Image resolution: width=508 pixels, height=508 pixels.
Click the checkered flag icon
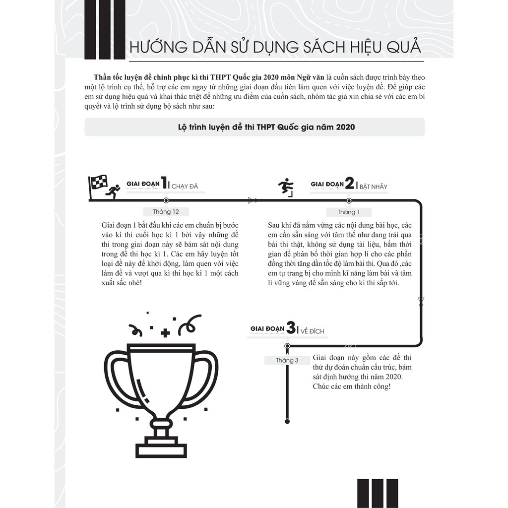pyautogui.click(x=98, y=183)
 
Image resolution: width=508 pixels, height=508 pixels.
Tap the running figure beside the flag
pyautogui.click(x=114, y=191)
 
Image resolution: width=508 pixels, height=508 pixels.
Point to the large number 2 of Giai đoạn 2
pyautogui.click(x=349, y=184)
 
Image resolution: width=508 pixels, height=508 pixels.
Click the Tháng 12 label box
pyautogui.click(x=166, y=212)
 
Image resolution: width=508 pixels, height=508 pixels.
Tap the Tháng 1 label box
pyautogui.click(x=349, y=212)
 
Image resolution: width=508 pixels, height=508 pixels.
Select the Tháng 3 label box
pyautogui.click(x=287, y=360)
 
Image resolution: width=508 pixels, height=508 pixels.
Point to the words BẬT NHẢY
pyautogui.click(x=373, y=187)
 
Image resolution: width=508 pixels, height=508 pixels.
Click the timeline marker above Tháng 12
pyautogui.click(x=166, y=200)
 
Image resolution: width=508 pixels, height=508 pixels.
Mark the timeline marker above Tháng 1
pyautogui.click(x=349, y=200)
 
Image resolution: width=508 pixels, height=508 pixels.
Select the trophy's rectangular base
pyautogui.click(x=161, y=450)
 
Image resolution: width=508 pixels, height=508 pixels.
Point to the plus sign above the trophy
pyautogui.click(x=165, y=332)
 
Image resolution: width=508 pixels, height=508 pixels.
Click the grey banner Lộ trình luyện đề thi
pyautogui.click(x=254, y=127)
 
